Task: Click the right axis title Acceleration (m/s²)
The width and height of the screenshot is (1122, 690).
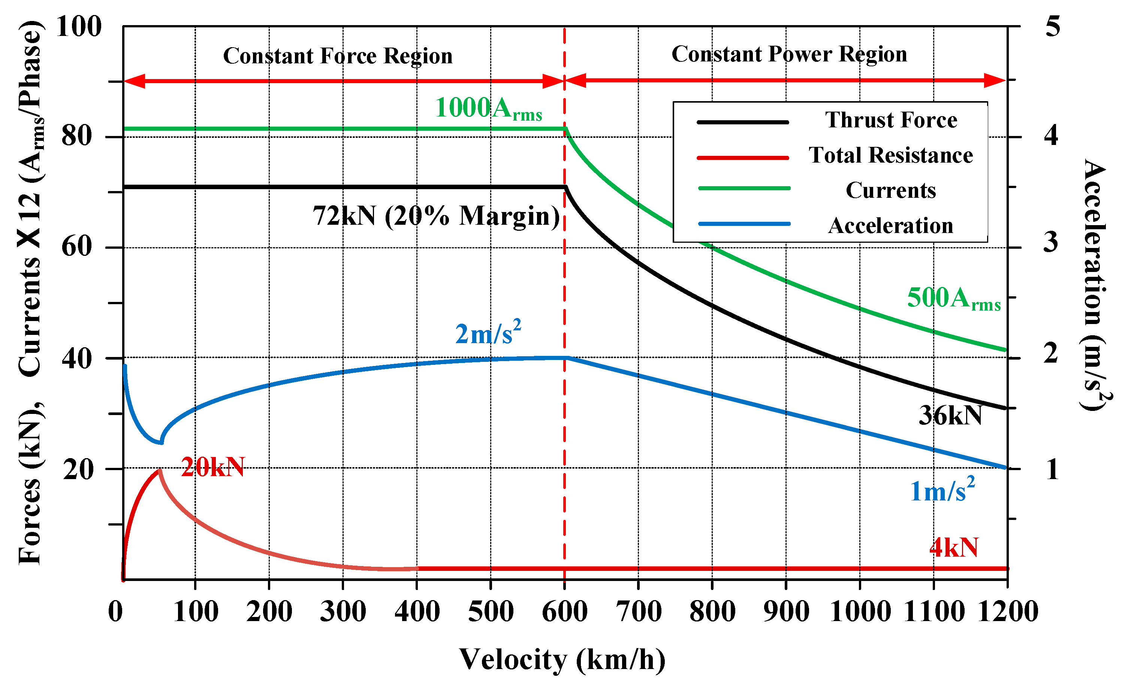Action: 1095,285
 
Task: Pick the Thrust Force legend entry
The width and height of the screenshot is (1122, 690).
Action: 890,121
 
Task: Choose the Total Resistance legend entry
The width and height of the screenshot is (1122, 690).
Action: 890,155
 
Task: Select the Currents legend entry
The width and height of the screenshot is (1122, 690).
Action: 890,190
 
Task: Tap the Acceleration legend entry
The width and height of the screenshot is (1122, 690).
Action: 890,226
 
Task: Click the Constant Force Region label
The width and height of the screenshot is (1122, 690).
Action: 338,56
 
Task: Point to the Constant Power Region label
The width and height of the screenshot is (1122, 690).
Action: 789,54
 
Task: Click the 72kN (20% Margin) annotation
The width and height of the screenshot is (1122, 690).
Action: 436,216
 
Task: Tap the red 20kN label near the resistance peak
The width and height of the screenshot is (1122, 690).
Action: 213,467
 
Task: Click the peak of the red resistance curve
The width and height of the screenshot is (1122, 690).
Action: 159,470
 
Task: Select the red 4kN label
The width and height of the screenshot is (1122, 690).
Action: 954,547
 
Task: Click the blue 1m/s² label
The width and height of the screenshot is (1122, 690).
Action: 942,491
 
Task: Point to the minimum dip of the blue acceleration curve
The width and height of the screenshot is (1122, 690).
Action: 161,442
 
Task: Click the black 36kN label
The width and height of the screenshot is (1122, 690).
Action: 950,416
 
